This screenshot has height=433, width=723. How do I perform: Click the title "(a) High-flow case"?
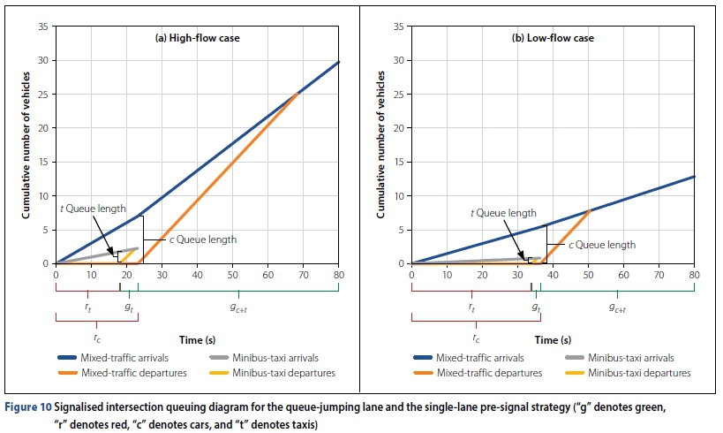[197, 38]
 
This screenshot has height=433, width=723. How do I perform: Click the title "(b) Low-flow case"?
[552, 38]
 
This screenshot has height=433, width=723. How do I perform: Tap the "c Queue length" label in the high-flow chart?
[202, 239]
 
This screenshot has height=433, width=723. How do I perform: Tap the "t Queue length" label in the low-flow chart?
[502, 213]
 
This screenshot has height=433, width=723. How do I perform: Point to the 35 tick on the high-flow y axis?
[43, 27]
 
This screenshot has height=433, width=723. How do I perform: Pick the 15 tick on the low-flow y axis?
[398, 162]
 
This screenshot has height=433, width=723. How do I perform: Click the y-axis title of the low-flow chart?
[380, 146]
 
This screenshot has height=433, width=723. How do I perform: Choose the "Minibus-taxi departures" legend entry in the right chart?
[642, 373]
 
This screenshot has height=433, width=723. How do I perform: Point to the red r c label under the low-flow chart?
[476, 338]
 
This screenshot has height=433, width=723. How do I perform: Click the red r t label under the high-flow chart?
[87, 307]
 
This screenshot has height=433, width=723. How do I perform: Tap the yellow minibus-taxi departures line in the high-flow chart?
[132, 255]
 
